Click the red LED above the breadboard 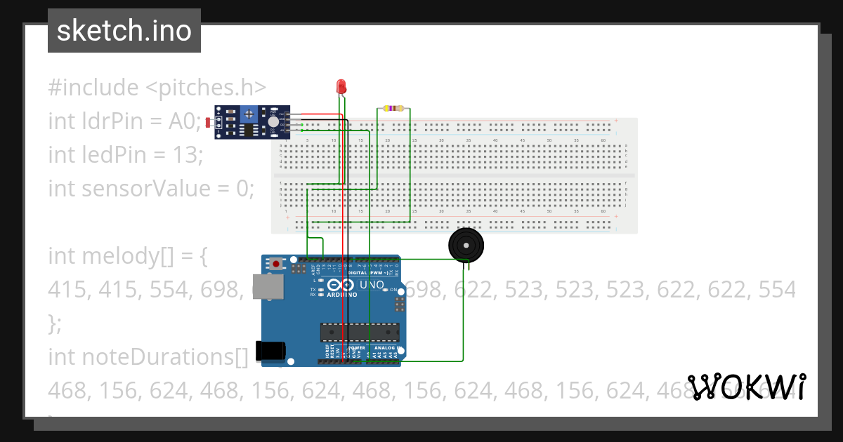pyautogui.click(x=341, y=87)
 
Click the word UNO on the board pyautogui.click(x=372, y=286)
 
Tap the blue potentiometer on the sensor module pyautogui.click(x=248, y=114)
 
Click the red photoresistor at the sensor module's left pyautogui.click(x=209, y=123)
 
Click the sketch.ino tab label pyautogui.click(x=124, y=31)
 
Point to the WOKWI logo pyautogui.click(x=746, y=387)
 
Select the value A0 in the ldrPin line pyautogui.click(x=185, y=121)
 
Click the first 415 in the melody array pyautogui.click(x=66, y=289)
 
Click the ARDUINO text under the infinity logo pyautogui.click(x=341, y=295)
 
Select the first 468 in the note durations pyautogui.click(x=67, y=390)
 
